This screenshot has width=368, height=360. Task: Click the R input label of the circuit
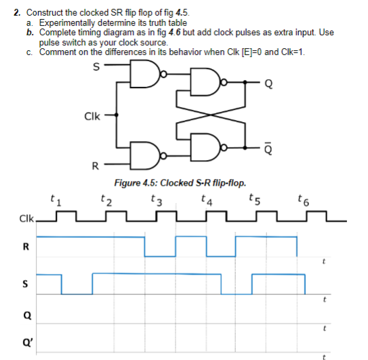pos(96,165)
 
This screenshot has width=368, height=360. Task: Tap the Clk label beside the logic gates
pos(93,115)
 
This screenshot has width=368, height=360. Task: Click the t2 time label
pos(104,199)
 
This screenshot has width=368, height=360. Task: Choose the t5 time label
pos(253,199)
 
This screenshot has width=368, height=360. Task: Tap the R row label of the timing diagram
pos(26,245)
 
